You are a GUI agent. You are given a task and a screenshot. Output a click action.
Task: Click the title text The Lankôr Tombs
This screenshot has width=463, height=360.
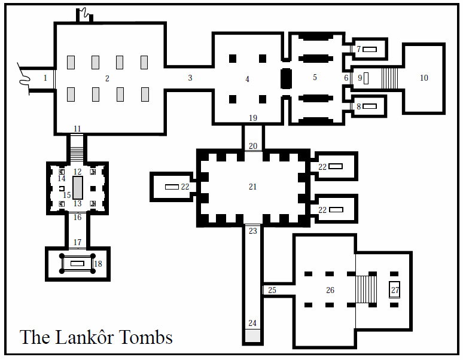[96, 337]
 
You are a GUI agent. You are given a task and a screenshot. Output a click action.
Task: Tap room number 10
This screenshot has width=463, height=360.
[424, 78]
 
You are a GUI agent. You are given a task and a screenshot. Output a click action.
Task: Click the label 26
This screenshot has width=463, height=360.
[330, 291]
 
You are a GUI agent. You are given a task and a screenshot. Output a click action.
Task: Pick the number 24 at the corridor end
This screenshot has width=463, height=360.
[252, 324]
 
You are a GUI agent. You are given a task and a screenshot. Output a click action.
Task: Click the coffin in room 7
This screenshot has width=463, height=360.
[369, 49]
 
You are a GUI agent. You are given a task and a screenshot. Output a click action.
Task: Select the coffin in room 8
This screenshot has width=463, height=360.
[369, 106]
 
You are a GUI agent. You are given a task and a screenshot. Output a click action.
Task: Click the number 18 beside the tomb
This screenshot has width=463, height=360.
[98, 264]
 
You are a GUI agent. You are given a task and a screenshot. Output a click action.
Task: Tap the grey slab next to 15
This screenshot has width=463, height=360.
[78, 187]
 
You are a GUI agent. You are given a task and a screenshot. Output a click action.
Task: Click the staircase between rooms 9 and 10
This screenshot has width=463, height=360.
[389, 78]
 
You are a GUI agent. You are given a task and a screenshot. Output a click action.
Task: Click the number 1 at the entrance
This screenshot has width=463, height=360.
[45, 78]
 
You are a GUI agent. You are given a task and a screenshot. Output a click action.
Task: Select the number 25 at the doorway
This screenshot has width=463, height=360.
[272, 291]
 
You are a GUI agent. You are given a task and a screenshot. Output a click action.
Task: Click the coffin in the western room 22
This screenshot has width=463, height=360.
[172, 187]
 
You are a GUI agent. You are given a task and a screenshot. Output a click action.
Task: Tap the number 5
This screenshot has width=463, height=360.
[315, 77]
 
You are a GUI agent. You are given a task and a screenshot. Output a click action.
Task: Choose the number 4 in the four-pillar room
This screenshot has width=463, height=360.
[247, 79]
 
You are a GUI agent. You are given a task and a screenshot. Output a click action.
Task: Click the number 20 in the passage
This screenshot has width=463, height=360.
[252, 146]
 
